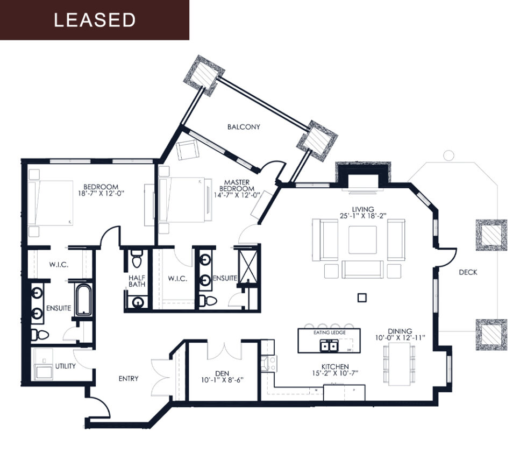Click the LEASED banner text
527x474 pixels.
tap(94, 20)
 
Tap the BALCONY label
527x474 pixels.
tap(244, 127)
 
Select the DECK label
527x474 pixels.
tap(468, 272)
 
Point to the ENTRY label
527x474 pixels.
tap(129, 378)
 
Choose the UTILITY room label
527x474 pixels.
tap(65, 366)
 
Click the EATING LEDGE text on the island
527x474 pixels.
tap(330, 333)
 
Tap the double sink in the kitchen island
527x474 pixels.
tap(329, 346)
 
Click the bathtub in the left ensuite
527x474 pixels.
tap(84, 300)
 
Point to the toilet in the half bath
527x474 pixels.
tap(137, 260)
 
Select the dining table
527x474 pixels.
tap(400, 365)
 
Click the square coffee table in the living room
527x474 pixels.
tap(362, 240)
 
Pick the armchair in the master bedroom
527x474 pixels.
tap(188, 150)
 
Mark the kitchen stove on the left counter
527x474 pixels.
tap(267, 363)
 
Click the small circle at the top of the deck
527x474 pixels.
tap(448, 155)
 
